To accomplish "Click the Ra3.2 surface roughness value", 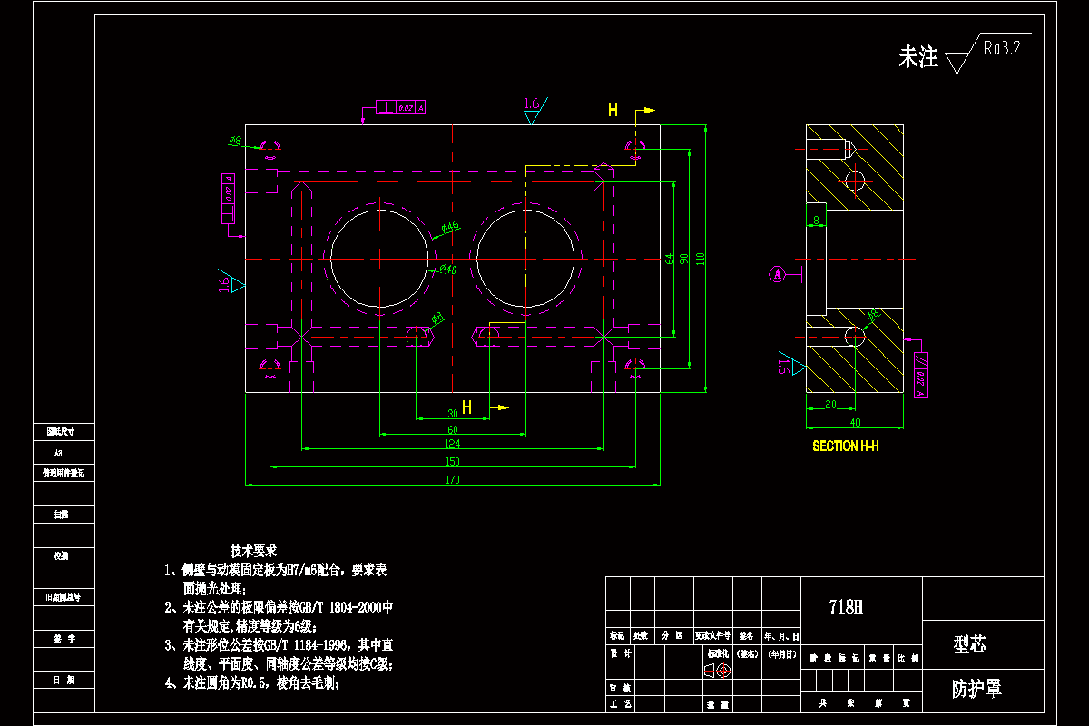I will tap(1002, 49).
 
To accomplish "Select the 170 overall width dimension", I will tap(452, 479).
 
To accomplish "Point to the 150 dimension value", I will tap(452, 462).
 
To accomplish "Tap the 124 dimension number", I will tap(452, 444).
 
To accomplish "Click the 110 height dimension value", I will tap(701, 259).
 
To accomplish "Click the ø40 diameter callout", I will tap(447, 270).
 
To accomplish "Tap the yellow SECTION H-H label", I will tap(845, 446).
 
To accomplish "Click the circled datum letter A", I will tap(777, 273).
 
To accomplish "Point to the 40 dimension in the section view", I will tap(854, 422).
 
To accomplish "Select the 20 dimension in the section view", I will tap(830, 405).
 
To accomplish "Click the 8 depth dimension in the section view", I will tap(816, 220).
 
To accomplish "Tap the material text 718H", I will tap(847, 607).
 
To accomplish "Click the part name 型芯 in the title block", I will tap(969, 644).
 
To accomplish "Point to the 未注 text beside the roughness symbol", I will tap(917, 58).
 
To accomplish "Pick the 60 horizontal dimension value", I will tap(452, 428).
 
